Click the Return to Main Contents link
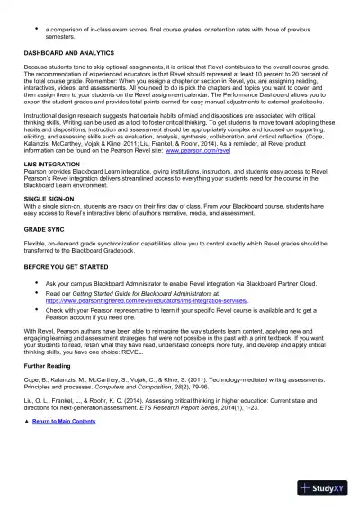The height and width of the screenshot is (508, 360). click(64, 446)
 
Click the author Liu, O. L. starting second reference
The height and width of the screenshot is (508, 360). click(37, 424)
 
